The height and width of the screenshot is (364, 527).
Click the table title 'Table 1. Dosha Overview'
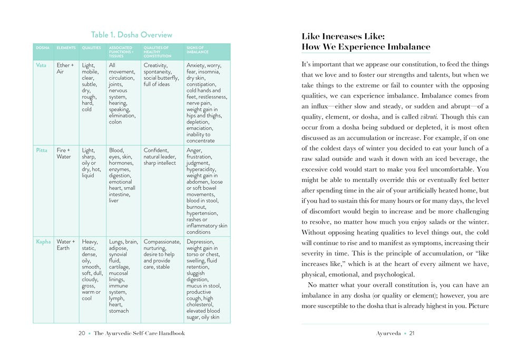[131, 35]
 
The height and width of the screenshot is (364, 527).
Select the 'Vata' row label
[41, 65]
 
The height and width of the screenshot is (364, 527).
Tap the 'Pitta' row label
[42, 150]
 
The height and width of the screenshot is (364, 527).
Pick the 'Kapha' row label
[43, 242]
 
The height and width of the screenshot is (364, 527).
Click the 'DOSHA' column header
[43, 48]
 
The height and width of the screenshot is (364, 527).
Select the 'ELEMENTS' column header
[66, 48]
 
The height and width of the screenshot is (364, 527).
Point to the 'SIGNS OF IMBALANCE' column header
[198, 50]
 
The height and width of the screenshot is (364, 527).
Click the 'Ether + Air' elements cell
[65, 69]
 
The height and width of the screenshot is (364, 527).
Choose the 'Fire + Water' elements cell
[64, 154]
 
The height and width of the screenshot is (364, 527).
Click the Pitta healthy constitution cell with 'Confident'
[160, 157]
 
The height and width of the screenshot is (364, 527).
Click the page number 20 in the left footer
[82, 333]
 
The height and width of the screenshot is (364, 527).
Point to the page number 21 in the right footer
[412, 333]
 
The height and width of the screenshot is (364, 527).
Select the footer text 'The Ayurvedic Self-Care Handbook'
[139, 333]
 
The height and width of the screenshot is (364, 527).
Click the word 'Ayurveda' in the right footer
[388, 333]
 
